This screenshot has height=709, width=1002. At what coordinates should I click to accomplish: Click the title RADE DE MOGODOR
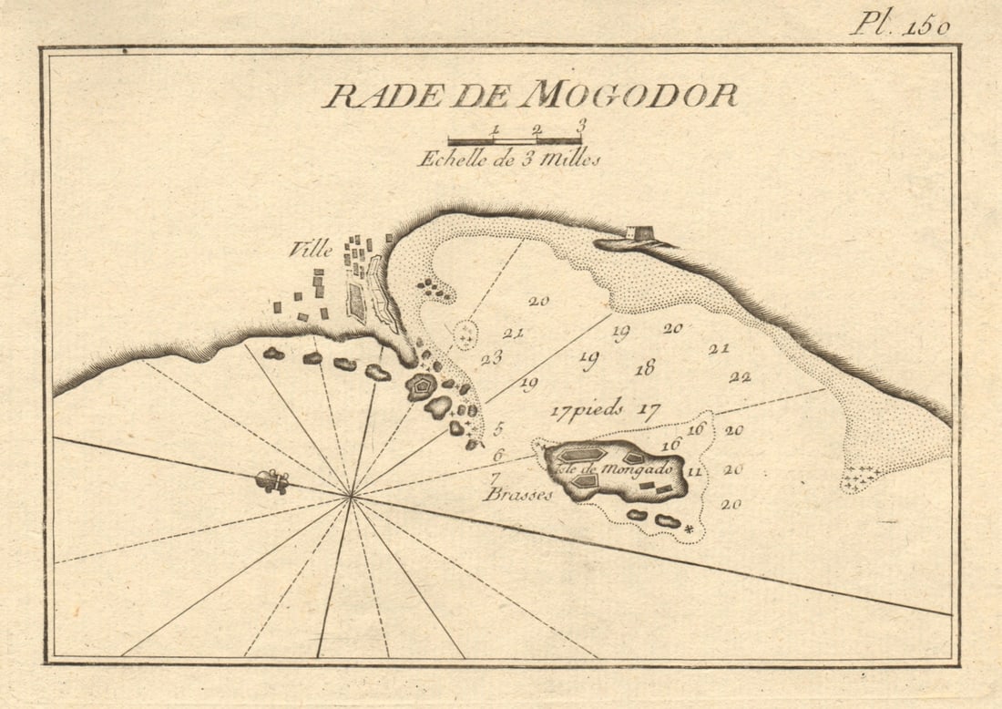(x=529, y=95)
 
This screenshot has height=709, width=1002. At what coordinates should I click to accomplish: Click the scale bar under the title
(x=515, y=141)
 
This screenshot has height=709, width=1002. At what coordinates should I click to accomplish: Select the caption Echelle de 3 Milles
(x=509, y=159)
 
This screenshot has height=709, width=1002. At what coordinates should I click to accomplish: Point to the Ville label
(x=311, y=250)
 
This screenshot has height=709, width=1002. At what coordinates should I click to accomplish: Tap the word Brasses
(x=518, y=495)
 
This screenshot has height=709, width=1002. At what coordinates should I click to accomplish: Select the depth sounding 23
(x=492, y=357)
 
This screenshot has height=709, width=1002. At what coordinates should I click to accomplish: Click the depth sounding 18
(x=645, y=368)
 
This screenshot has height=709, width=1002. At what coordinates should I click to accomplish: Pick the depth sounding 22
(x=740, y=376)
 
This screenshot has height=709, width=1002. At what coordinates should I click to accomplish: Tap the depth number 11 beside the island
(x=694, y=471)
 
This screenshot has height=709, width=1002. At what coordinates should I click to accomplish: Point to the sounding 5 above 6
(x=498, y=428)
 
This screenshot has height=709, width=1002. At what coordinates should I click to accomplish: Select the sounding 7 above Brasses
(x=495, y=477)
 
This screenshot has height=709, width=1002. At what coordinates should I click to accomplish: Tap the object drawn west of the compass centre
(x=271, y=481)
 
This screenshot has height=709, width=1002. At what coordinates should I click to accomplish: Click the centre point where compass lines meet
(x=352, y=497)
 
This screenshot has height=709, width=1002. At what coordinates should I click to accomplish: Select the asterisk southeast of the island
(x=690, y=529)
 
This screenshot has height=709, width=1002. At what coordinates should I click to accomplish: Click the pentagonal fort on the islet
(x=421, y=386)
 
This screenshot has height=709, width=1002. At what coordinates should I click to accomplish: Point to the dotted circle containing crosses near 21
(x=465, y=335)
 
